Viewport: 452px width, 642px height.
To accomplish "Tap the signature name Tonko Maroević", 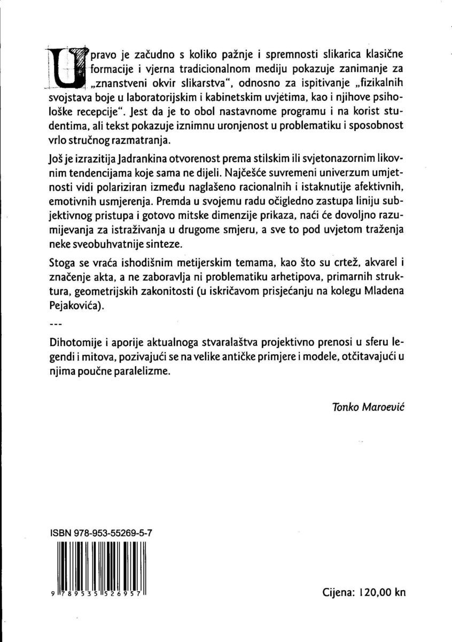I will [369, 407].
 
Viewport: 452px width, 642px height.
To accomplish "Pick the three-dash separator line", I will [55, 324].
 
